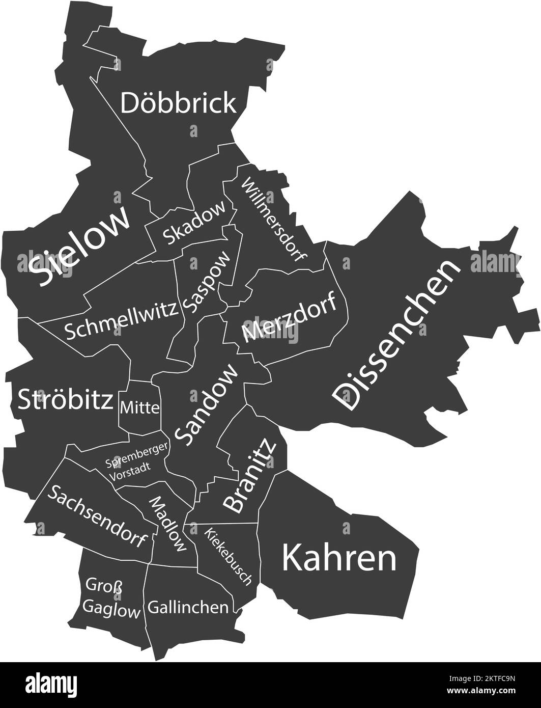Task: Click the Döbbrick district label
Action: coord(178,103)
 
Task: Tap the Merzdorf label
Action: coord(290,317)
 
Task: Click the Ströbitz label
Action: coord(65,400)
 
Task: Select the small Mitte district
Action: coord(140,407)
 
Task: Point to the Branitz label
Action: coord(250,475)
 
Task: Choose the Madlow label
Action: coord(167,524)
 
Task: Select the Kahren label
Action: coord(339,559)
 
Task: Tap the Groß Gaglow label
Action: coord(111,598)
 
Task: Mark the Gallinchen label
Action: coord(188,607)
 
